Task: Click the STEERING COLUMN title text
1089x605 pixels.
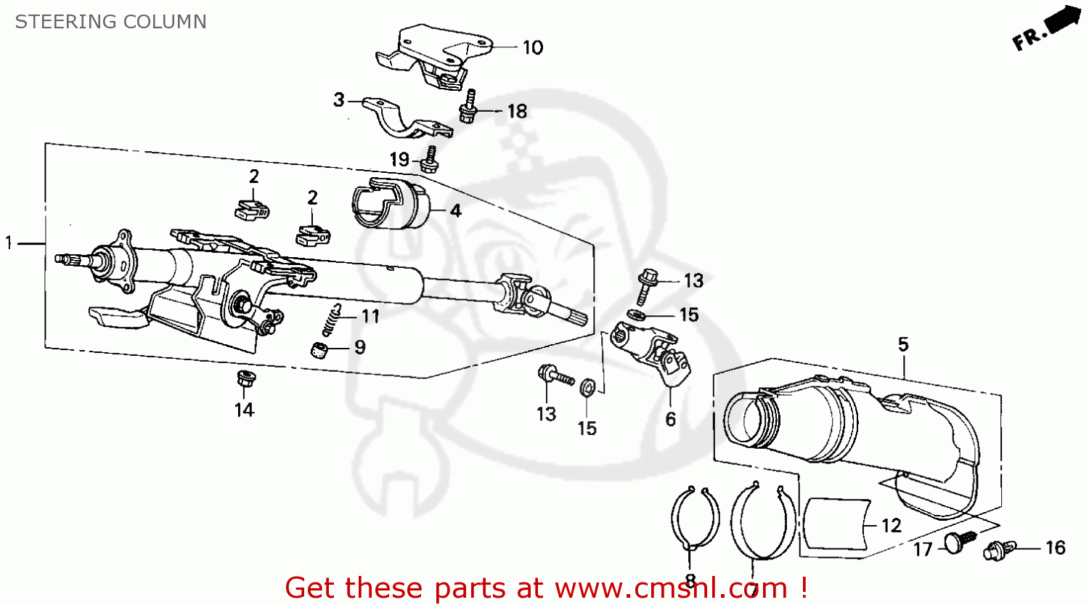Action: (110, 22)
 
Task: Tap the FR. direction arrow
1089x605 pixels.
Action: (1046, 29)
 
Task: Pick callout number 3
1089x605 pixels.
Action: (338, 100)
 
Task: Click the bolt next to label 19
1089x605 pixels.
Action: (430, 161)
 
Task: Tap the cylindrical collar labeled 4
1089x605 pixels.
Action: (390, 206)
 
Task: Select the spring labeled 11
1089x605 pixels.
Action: (331, 319)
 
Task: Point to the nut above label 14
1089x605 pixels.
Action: (245, 378)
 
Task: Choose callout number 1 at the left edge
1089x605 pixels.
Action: (9, 243)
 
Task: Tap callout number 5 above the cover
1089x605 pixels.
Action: (902, 344)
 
